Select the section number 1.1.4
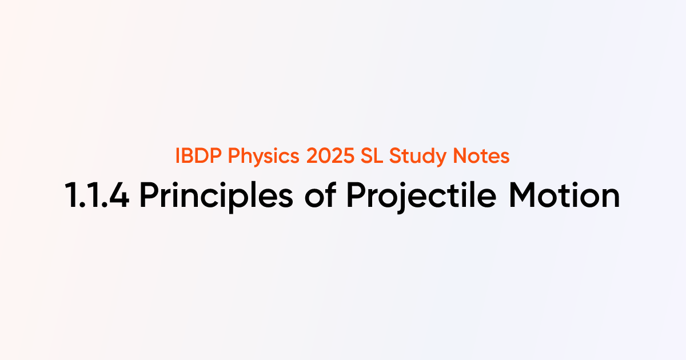97,195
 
